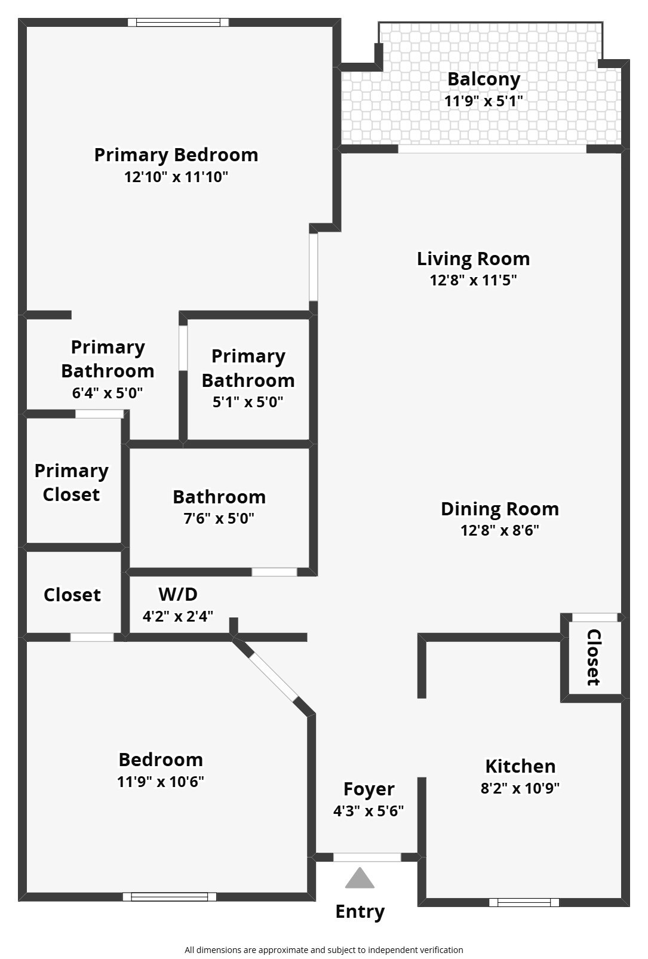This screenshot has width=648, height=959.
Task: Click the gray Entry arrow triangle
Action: point(360,878)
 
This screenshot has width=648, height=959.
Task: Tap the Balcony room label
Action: point(484,79)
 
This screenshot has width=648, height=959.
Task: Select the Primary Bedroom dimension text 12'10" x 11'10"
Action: point(176,177)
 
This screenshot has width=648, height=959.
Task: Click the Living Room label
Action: point(473,259)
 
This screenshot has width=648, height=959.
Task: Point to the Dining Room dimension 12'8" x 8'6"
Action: point(500,530)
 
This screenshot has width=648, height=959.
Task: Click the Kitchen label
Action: point(520,766)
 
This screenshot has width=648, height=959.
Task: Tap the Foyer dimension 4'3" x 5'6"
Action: point(368,811)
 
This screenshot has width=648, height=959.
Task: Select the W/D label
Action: point(178,594)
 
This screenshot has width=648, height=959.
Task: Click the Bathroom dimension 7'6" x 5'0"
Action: point(219,518)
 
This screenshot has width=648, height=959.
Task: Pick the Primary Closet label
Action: point(72,482)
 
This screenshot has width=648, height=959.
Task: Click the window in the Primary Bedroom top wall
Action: point(178,23)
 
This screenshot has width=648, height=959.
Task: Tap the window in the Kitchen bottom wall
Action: point(524,902)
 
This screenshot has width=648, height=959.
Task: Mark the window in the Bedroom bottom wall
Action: point(170,896)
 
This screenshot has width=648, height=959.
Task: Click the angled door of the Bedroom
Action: point(273,675)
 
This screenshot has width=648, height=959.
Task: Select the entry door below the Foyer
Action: point(367,857)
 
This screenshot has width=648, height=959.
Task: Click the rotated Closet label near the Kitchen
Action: point(593,657)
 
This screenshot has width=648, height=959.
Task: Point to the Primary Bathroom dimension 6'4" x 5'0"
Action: point(108,393)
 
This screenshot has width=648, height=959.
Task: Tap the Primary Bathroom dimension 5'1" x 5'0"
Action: point(248,402)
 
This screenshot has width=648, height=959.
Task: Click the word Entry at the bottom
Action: point(360,911)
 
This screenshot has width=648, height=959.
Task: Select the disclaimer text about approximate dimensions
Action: point(324,949)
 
